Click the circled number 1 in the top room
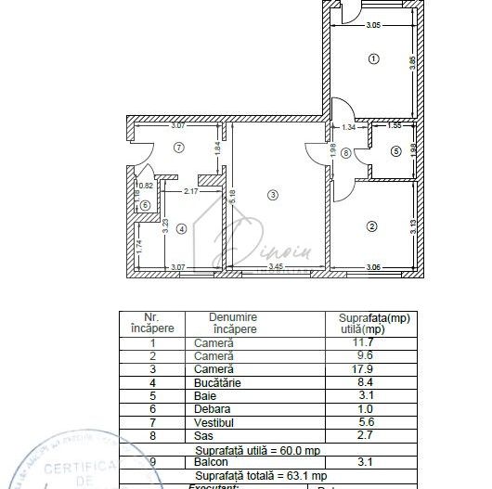click(373, 58)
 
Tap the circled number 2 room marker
click(371, 225)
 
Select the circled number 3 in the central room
click(272, 194)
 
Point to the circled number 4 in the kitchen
click(182, 227)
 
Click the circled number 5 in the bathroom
click(395, 151)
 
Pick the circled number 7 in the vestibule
click(179, 147)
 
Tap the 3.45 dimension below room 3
click(275, 268)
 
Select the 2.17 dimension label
click(190, 191)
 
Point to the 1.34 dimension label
click(348, 127)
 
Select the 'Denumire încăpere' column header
click(234, 323)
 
